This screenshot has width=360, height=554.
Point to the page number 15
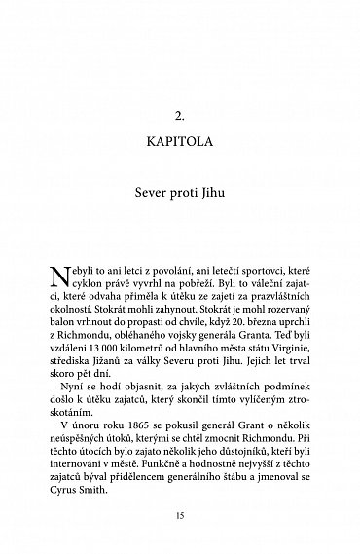click(179, 513)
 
